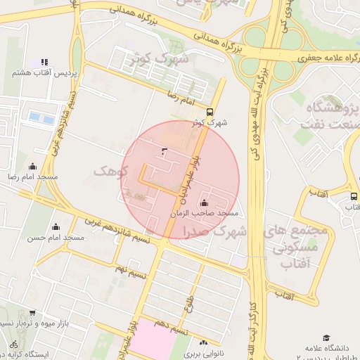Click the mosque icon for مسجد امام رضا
(32, 167)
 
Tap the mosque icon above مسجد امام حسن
(56, 226)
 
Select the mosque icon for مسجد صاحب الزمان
(204, 202)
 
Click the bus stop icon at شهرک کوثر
(210, 112)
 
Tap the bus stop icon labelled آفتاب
(352, 196)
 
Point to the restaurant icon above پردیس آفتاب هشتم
(44, 63)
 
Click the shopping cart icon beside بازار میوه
(32, 313)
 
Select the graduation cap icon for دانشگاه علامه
(326, 338)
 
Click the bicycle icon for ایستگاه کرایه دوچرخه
(13, 345)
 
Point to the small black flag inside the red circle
(165, 151)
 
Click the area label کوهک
(110, 171)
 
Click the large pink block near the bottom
(154, 340)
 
